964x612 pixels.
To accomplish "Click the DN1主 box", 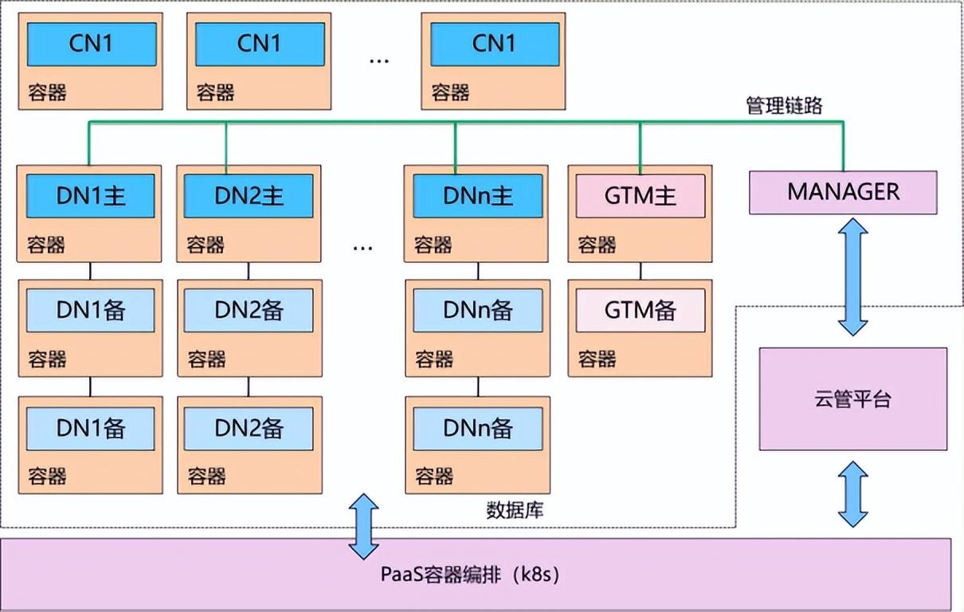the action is coord(90,196).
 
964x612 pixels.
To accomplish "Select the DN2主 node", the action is coord(249,196).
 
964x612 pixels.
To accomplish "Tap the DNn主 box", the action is coord(478,196).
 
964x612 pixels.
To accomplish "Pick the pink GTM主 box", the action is coord(641,196).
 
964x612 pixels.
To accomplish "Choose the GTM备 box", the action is coord(641,310).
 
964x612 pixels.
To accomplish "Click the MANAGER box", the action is coord(843,192).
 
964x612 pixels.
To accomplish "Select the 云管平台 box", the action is coord(853,399).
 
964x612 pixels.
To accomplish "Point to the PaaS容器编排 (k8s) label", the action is coord(470,574).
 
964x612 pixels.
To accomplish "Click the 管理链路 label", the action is coord(784,105).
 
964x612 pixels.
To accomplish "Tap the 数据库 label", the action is coord(515,511).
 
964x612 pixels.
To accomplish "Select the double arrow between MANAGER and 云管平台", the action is coord(852,277).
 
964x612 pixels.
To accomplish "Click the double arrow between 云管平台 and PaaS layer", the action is coord(852,494).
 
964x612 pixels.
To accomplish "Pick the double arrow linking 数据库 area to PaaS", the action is coord(363,527).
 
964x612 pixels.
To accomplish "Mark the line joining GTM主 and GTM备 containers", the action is coord(641,271).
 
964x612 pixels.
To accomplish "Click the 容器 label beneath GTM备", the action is coord(597,359).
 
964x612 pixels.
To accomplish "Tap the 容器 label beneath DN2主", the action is coord(206,245).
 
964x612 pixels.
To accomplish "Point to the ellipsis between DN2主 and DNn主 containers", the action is coord(362,249).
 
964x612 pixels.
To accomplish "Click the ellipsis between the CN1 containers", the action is coord(379,61).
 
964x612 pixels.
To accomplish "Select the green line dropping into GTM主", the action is coord(641,148).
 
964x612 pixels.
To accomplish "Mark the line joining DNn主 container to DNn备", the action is coord(478,271).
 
